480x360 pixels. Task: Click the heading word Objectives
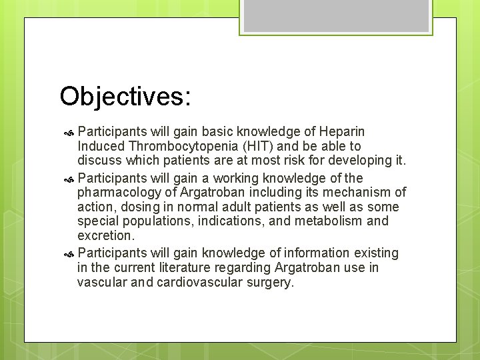pyautogui.click(x=125, y=97)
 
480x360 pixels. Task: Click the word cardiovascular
pyautogui.click(x=199, y=282)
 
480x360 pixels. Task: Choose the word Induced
pyautogui.click(x=101, y=146)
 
